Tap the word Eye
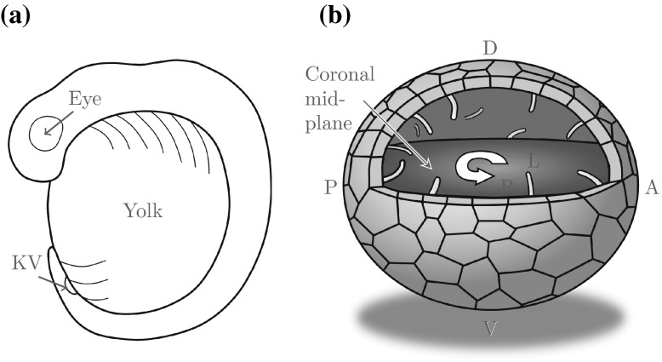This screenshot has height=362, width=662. (x=85, y=100)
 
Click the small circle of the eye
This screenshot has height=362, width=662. (x=43, y=133)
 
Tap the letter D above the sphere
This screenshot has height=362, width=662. (x=489, y=49)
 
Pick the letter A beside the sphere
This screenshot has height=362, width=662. (x=652, y=189)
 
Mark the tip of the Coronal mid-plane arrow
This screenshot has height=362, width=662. (x=433, y=171)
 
